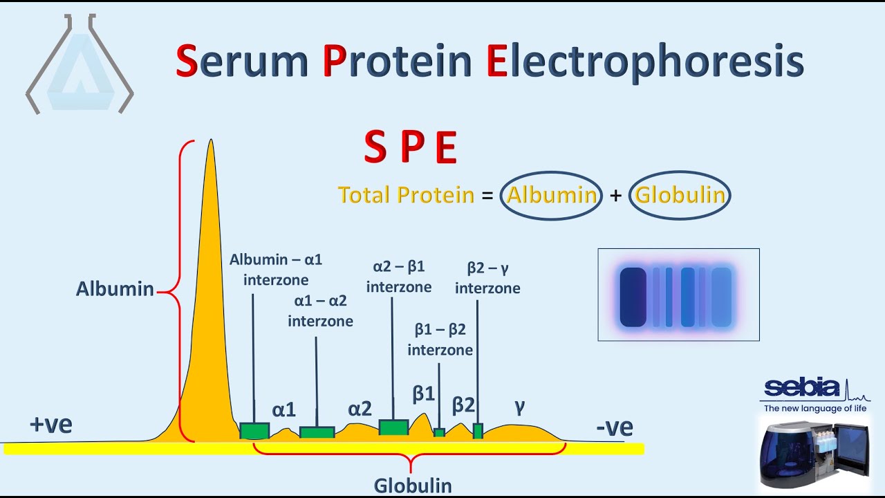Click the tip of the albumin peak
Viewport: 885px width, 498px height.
pos(210,142)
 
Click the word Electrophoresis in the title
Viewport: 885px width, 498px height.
pos(645,62)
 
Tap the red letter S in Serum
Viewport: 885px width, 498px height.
pos(187,62)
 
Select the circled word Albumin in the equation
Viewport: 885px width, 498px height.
pos(551,195)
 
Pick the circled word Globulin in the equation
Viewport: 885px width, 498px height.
pos(680,195)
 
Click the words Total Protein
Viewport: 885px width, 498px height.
pos(406,195)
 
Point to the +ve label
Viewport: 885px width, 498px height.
pos(51,424)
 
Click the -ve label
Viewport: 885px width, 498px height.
pos(614,427)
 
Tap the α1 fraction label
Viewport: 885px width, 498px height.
pos(283,409)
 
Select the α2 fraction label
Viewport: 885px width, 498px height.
pos(360,409)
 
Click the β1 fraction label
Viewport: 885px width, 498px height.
pos(424,394)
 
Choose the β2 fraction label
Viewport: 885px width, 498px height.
pos(463,405)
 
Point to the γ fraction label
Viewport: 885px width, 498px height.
pos(519,407)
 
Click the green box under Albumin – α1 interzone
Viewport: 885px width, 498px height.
pos(254,430)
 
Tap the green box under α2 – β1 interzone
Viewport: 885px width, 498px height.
pos(393,427)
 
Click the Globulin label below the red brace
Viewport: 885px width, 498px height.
pos(413,486)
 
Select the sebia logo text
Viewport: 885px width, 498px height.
pos(802,388)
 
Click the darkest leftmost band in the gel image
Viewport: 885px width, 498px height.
pos(633,297)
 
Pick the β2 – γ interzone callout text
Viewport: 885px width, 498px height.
pos(487,278)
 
